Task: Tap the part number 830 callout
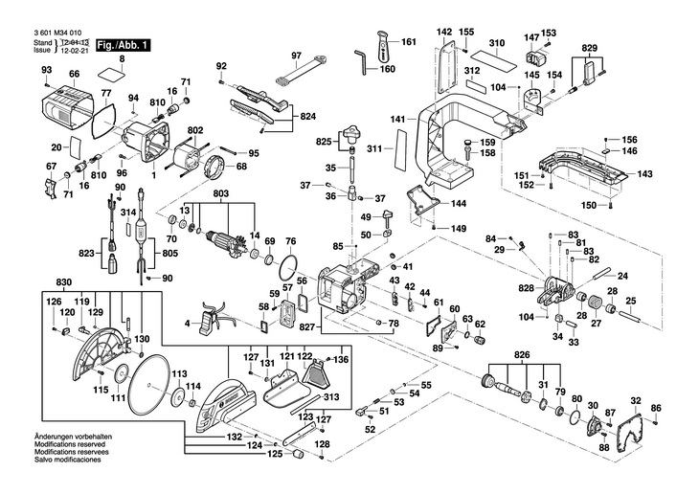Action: coord(64,281)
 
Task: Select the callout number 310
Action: coord(496,44)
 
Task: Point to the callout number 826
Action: coord(521,356)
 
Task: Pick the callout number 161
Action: coord(409,43)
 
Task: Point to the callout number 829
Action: coord(589,48)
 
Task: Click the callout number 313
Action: coord(331,398)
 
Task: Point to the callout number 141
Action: coord(397,119)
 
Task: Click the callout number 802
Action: coord(195,130)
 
